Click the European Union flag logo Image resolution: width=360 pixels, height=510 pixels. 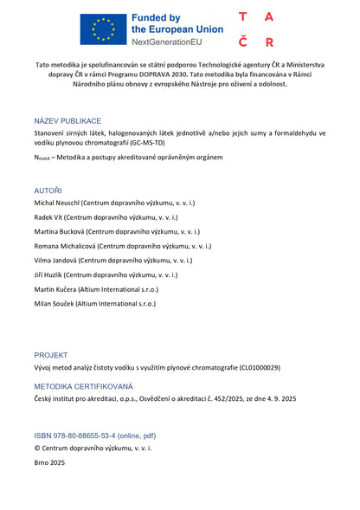pos(103,29)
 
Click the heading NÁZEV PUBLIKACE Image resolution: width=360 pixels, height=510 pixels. pos(67,121)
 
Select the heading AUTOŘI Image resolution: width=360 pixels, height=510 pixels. pos(48,190)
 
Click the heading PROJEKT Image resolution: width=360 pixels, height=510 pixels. pos(50,355)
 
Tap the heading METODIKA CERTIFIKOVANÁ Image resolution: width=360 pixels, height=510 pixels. pos(84,386)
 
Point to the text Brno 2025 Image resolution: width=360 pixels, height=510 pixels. pos(49,463)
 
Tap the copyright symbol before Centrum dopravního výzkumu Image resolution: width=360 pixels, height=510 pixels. pos(37,449)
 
